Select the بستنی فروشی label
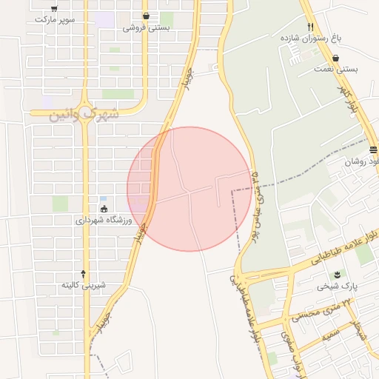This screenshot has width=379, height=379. click(x=146, y=27)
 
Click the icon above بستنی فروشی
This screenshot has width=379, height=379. click(x=146, y=16)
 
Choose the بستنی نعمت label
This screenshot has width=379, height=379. click(x=337, y=70)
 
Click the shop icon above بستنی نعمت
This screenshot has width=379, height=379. click(x=336, y=58)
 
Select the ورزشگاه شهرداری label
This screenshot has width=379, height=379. click(x=103, y=220)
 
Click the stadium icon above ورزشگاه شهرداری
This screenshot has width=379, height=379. click(x=103, y=209)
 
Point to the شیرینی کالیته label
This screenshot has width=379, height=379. click(x=84, y=284)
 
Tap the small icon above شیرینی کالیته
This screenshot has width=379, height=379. click(x=84, y=273)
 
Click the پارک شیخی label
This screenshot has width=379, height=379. click(x=343, y=285)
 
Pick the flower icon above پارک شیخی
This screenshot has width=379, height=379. click(x=343, y=274)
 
